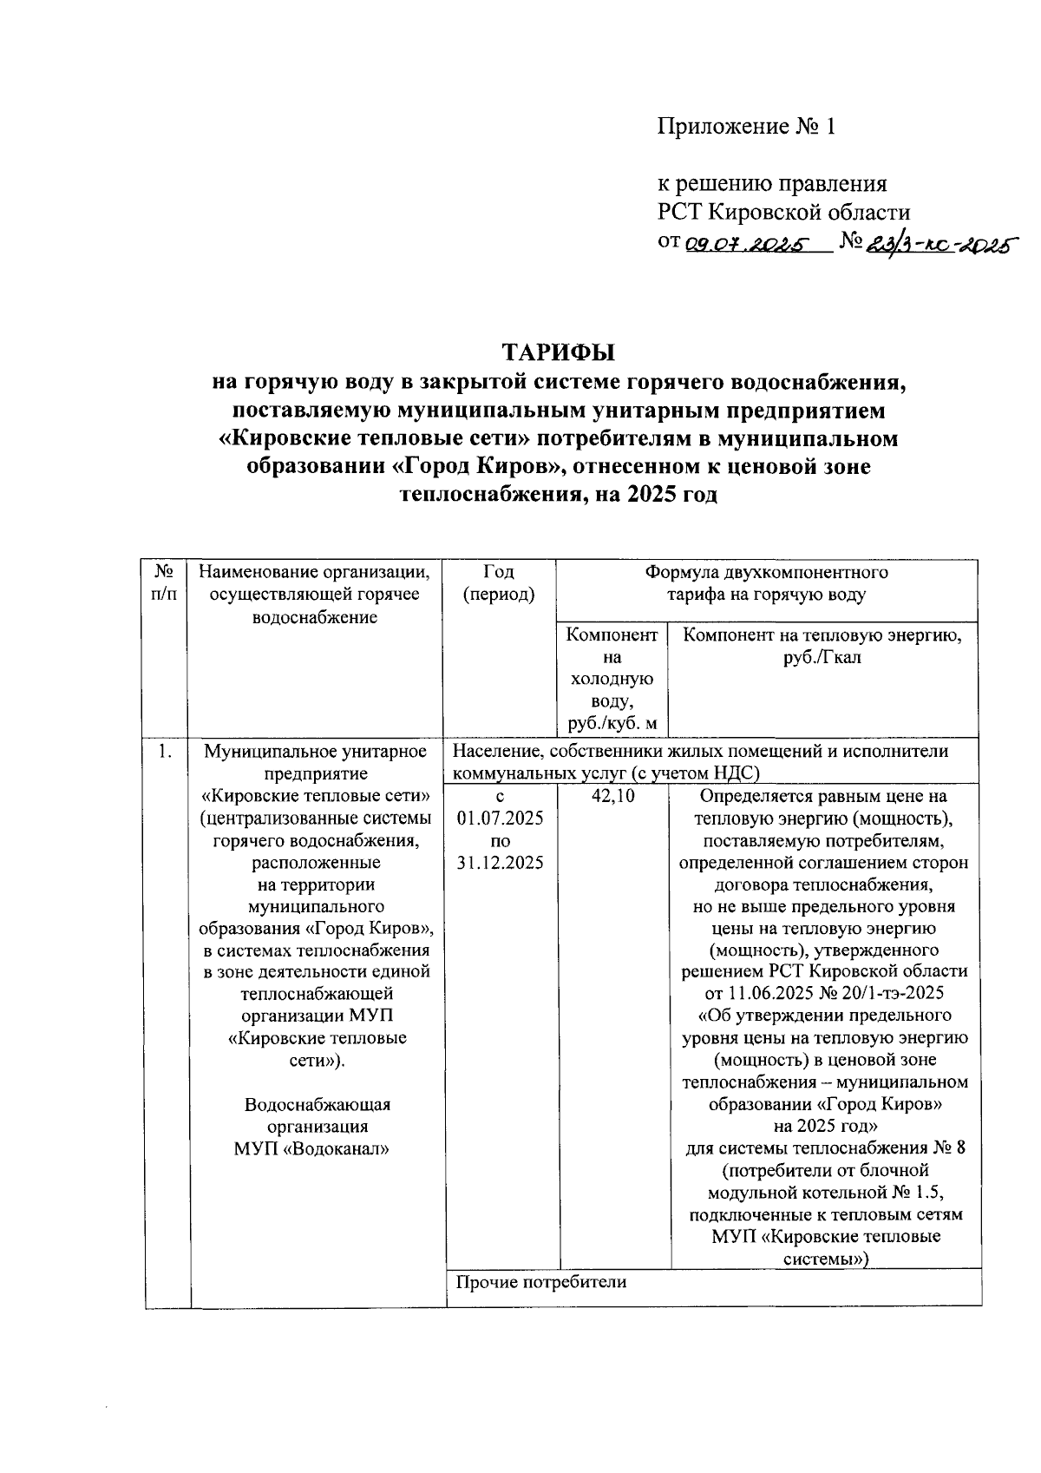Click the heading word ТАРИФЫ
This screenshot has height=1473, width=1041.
tap(559, 352)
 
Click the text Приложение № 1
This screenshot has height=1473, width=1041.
tap(745, 128)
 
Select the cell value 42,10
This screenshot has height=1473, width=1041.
tap(612, 797)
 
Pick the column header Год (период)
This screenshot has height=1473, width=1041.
tap(499, 583)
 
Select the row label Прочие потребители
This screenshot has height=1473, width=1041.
tap(540, 1281)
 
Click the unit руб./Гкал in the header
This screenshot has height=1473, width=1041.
tap(822, 658)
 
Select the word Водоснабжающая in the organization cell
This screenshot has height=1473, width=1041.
tap(317, 1105)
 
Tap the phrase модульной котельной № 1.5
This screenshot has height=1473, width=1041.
tap(824, 1192)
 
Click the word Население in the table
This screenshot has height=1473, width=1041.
tap(494, 752)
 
